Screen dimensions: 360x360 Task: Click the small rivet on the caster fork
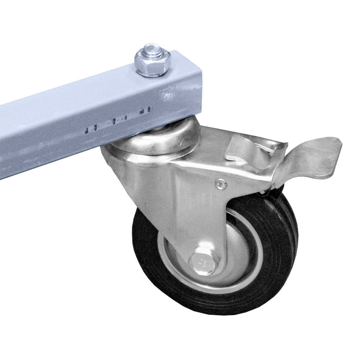[x=220, y=183]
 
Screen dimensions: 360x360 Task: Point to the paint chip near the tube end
[x=167, y=95]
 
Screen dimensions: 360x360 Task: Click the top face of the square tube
[x=90, y=90]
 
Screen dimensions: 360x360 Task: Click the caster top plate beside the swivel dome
[x=211, y=139]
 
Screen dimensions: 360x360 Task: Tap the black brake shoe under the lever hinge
[x=270, y=191]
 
